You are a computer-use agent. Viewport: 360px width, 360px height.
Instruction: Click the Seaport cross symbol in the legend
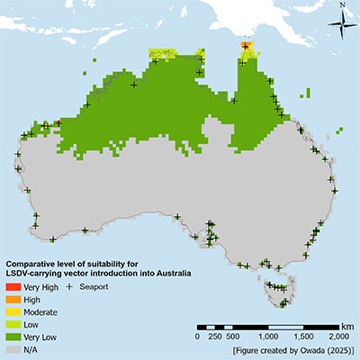[69, 285]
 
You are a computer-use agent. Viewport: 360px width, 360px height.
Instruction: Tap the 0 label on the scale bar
[197, 336]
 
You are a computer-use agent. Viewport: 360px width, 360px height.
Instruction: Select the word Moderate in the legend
[40, 310]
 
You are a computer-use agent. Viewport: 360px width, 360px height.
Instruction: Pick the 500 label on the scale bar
[231, 336]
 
